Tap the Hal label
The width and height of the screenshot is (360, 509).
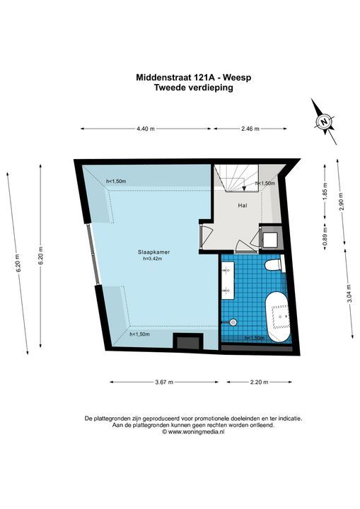[242, 206]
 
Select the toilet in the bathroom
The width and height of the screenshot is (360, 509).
[273, 265]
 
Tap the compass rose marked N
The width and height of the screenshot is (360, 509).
[324, 121]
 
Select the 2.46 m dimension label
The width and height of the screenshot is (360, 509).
[250, 129]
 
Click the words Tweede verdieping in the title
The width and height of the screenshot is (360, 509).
[193, 88]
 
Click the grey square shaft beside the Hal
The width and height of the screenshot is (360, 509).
[270, 238]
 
